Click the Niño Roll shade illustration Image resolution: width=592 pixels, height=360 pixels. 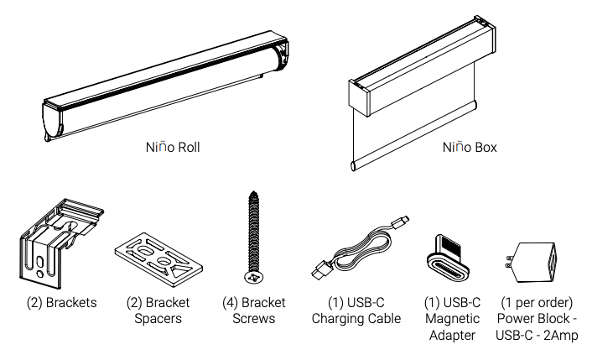pyautogui.click(x=168, y=84)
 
